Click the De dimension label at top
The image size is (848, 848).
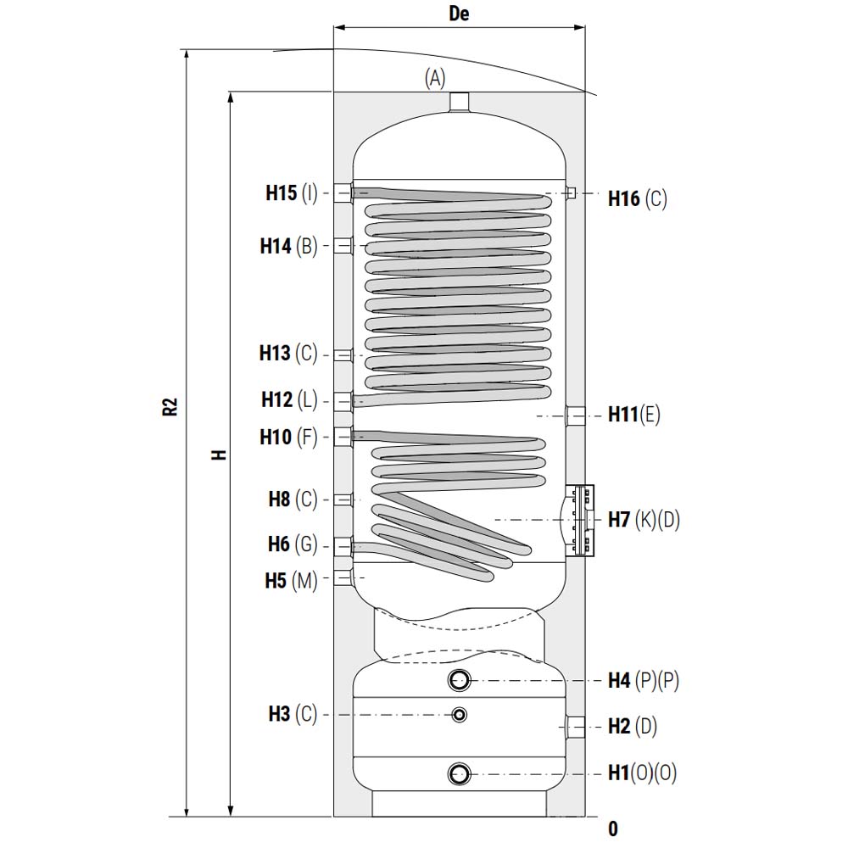pyautogui.click(x=459, y=14)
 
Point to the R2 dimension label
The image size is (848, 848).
pyautogui.click(x=170, y=407)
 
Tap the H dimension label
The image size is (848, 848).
pyautogui.click(x=219, y=455)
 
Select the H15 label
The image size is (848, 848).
pyautogui.click(x=282, y=192)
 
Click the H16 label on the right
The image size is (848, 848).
pyautogui.click(x=624, y=198)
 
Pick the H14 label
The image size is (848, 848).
pyautogui.click(x=276, y=246)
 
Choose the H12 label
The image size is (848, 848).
pyautogui.click(x=277, y=399)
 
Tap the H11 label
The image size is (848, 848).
pyautogui.click(x=623, y=415)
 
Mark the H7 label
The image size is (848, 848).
pyautogui.click(x=619, y=519)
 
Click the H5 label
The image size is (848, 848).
pyautogui.click(x=276, y=580)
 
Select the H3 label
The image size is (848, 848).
pyautogui.click(x=279, y=714)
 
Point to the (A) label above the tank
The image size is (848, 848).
pyautogui.click(x=435, y=78)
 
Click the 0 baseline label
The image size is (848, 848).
pyautogui.click(x=613, y=828)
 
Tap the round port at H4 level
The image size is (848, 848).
pyautogui.click(x=459, y=680)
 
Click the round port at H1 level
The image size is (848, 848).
pyautogui.click(x=459, y=774)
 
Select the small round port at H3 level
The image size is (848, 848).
pyautogui.click(x=459, y=714)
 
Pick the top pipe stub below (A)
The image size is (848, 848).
pyautogui.click(x=459, y=103)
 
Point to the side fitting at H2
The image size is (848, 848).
pyautogui.click(x=576, y=727)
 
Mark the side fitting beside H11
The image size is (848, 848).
pyautogui.click(x=576, y=416)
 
